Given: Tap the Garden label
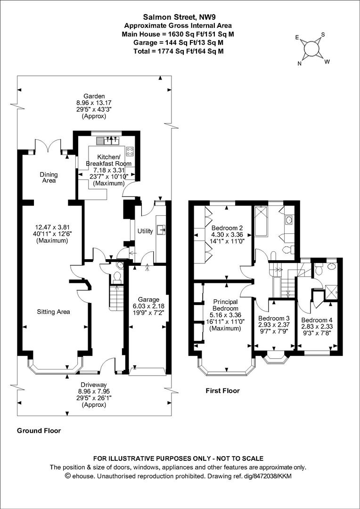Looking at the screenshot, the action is click(x=94, y=96).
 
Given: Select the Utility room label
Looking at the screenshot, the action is click(x=145, y=231).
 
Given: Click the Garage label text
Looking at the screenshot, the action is click(x=148, y=299).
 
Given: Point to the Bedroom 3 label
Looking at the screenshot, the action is click(x=274, y=318).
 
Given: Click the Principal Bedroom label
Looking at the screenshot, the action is click(x=225, y=305).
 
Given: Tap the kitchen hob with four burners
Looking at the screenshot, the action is click(x=130, y=151).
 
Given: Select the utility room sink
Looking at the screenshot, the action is click(x=161, y=230).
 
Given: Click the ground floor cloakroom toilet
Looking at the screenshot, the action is click(x=117, y=277).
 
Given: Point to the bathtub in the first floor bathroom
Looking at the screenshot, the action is click(x=261, y=221).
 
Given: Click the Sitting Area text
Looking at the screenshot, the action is click(x=54, y=312).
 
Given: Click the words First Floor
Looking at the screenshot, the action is click(x=223, y=391).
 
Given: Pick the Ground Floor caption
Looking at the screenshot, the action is click(x=39, y=431).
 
